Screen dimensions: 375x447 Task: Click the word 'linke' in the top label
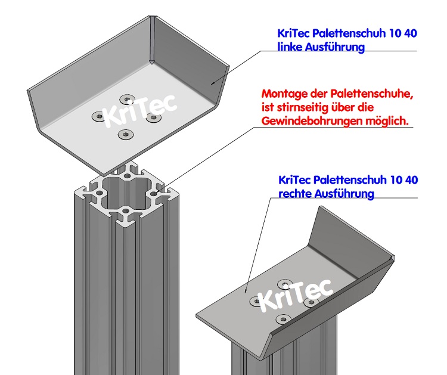pos(291,48)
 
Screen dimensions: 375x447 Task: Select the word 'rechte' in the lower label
pos(294,194)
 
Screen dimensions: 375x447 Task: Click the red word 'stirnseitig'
pos(299,108)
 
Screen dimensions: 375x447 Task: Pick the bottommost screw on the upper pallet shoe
pos(125,134)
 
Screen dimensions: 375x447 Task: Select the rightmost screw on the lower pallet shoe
pos(309,303)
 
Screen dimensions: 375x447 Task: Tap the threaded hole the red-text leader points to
pos(154,194)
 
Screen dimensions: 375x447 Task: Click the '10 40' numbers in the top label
pos(403,34)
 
